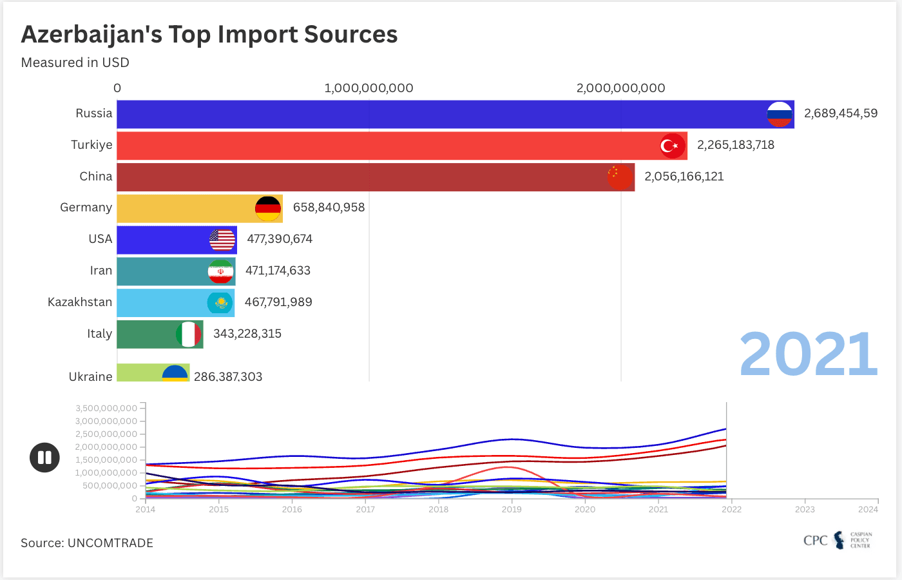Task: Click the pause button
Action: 44,458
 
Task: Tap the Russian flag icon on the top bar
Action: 780,114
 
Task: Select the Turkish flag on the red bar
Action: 673,146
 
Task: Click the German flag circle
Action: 268,209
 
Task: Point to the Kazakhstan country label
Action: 80,302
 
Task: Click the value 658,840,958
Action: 329,208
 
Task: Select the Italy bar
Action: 160,334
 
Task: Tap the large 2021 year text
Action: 808,354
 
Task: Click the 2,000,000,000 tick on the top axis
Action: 620,88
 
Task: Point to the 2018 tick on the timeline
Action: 439,509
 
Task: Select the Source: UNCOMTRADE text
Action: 87,543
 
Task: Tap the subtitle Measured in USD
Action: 75,63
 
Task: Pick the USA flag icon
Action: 222,240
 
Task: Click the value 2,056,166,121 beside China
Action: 684,177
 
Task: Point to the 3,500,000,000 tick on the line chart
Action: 106,408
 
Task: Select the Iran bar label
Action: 101,271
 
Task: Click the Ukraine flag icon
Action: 175,373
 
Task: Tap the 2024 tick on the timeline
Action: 868,509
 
